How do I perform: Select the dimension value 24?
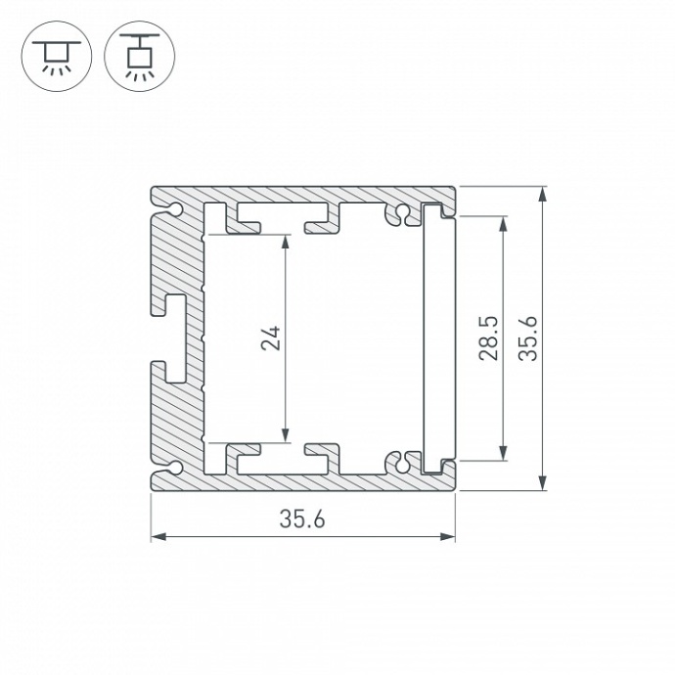[x=274, y=337]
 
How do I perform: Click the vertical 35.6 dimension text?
[x=528, y=337]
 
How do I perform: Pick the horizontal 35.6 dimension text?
[x=302, y=520]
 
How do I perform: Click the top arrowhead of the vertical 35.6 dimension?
[x=543, y=193]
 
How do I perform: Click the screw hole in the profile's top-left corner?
[x=174, y=209]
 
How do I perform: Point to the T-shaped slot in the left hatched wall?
[x=174, y=337]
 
